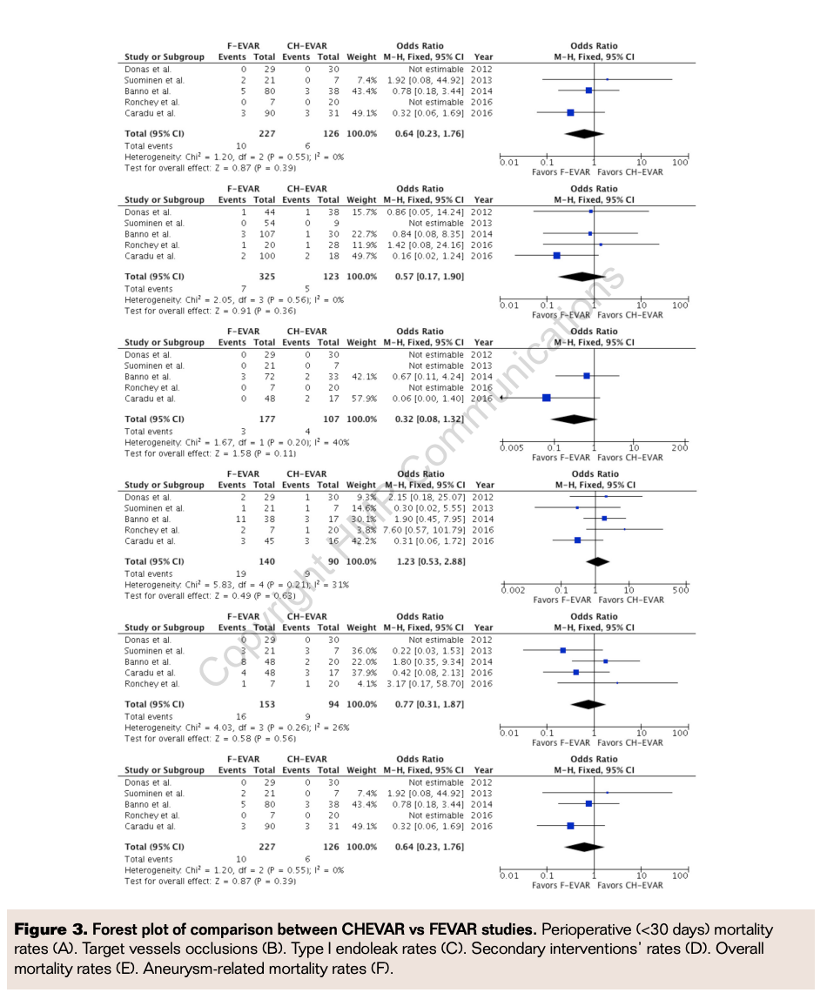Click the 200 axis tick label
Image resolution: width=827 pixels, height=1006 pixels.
(x=679, y=448)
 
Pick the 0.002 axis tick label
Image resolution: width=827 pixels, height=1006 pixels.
(x=514, y=591)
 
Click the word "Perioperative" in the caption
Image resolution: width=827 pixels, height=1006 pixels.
(x=586, y=930)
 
